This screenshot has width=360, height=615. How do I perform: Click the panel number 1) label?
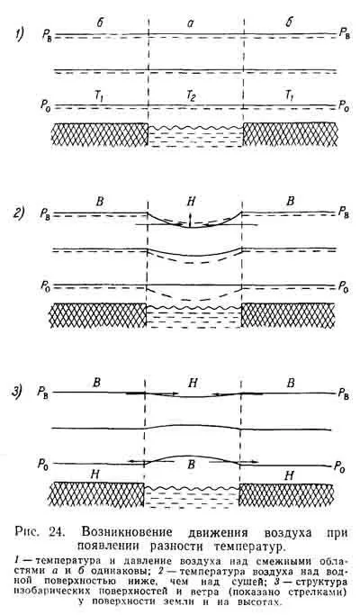(x=19, y=35)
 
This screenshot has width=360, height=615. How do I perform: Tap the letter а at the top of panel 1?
(x=191, y=24)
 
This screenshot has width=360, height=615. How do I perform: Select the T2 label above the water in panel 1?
(x=191, y=97)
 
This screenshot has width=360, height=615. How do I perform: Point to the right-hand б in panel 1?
(x=290, y=23)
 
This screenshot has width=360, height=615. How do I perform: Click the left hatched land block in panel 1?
(x=100, y=134)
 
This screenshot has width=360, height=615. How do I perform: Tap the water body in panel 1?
(x=195, y=137)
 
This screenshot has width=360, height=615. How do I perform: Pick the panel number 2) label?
(x=19, y=214)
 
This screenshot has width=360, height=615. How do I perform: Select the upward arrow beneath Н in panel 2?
(x=190, y=220)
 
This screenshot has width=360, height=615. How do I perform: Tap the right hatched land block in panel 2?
(x=288, y=315)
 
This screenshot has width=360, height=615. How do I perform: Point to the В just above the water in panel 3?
(x=191, y=465)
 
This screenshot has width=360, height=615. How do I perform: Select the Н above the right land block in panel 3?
(x=289, y=475)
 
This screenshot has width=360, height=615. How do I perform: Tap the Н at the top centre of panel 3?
(x=193, y=383)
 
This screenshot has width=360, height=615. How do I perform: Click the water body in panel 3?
(x=192, y=497)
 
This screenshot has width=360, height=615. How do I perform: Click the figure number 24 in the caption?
(x=58, y=532)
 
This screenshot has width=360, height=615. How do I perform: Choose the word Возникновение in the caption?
(x=127, y=532)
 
